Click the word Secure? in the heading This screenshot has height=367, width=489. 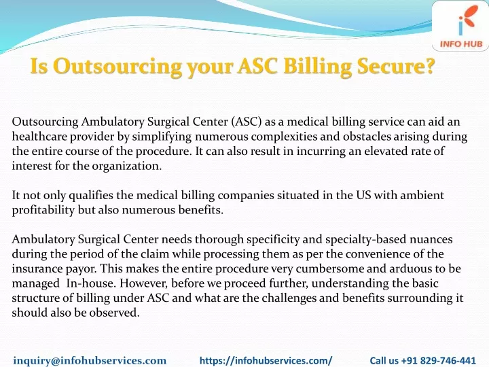(396, 65)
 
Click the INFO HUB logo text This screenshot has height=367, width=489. (461, 43)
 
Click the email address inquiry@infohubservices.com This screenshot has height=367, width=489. (90, 360)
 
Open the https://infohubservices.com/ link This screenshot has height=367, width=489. (266, 360)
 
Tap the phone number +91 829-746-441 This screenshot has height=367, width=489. (439, 360)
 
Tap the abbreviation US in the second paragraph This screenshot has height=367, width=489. (363, 195)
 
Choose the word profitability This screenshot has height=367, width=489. (43, 210)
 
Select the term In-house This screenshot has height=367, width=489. (92, 283)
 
